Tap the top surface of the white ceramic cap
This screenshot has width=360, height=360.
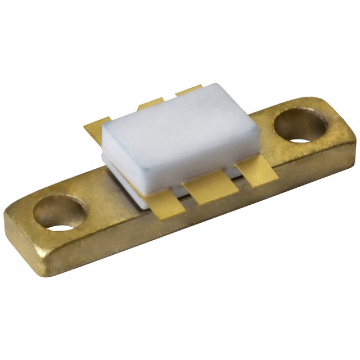click(180, 121)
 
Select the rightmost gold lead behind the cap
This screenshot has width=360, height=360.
click(188, 90)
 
